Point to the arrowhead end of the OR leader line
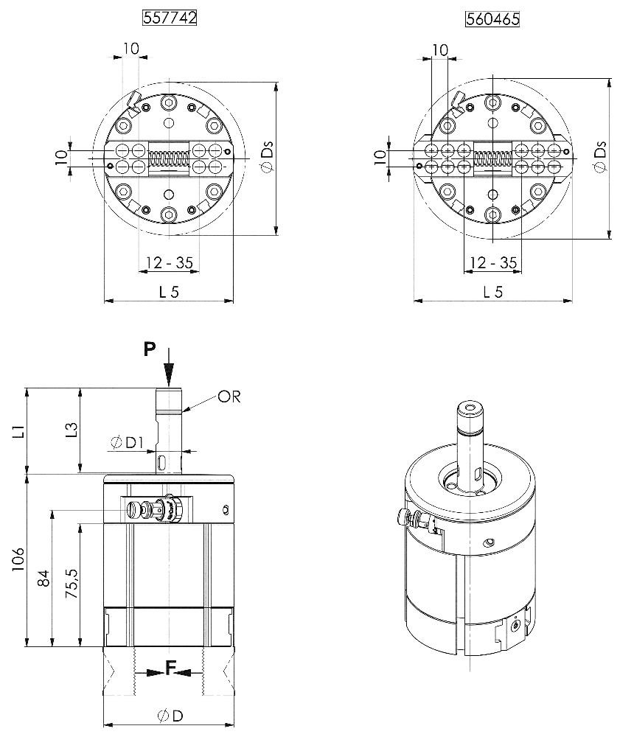click(x=182, y=412)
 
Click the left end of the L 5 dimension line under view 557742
click(x=105, y=301)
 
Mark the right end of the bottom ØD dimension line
click(x=234, y=724)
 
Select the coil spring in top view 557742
click(x=169, y=158)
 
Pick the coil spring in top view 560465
click(x=492, y=158)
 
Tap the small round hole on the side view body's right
click(x=225, y=509)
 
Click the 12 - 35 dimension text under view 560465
click(x=492, y=262)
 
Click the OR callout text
click(x=229, y=397)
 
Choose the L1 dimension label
click(x=18, y=430)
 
